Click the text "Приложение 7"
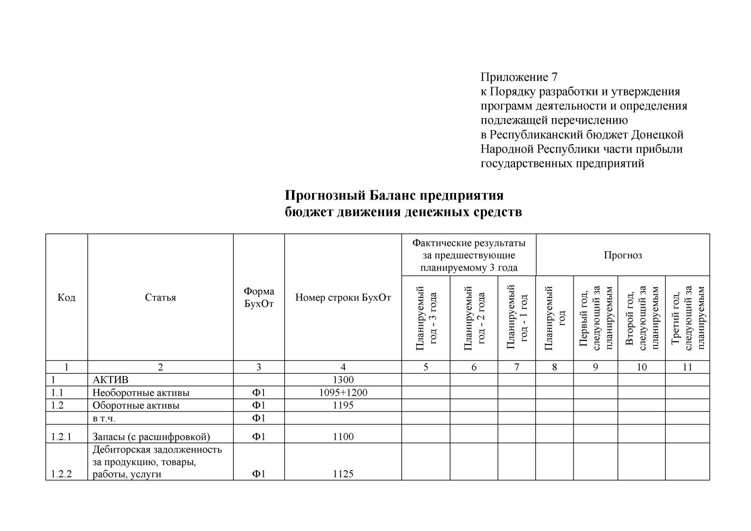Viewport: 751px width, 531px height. (x=519, y=77)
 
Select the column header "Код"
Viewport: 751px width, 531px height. (x=66, y=297)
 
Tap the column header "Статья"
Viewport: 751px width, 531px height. (x=160, y=297)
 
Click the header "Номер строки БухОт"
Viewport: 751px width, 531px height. (x=343, y=297)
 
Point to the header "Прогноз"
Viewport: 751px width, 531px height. (x=623, y=255)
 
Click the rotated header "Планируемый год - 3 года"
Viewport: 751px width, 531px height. (x=426, y=318)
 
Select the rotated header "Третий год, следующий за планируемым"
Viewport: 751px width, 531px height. (x=688, y=318)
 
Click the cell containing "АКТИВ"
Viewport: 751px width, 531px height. (x=110, y=380)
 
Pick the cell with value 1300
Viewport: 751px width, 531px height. (x=343, y=380)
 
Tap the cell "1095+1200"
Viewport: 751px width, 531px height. (x=343, y=393)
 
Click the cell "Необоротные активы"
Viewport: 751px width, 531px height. (x=141, y=393)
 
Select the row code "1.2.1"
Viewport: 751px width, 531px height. (x=61, y=437)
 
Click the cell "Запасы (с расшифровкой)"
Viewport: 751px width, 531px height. (x=151, y=437)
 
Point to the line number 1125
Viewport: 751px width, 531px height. (x=343, y=474)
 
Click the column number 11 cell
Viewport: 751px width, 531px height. (x=687, y=367)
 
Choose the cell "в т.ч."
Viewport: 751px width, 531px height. (x=104, y=418)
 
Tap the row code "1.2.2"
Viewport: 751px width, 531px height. (x=61, y=474)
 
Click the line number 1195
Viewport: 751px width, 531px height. (x=343, y=406)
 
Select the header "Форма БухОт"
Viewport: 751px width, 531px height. (x=259, y=297)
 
